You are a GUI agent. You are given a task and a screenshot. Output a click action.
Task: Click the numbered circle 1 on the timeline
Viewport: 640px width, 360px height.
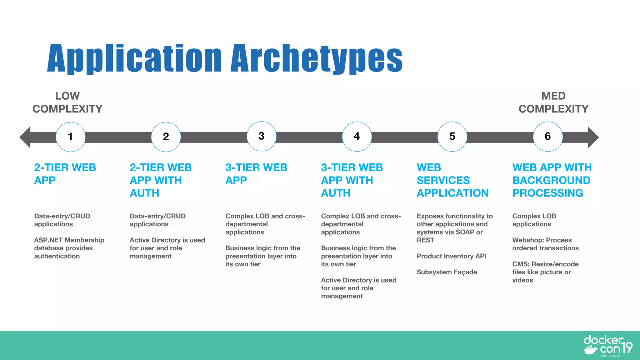71,137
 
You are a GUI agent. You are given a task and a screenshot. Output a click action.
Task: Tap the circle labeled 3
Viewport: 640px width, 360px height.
262,136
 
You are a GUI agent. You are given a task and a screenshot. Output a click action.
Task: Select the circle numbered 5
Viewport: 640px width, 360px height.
452,137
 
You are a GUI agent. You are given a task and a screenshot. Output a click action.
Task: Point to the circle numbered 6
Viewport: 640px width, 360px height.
548,137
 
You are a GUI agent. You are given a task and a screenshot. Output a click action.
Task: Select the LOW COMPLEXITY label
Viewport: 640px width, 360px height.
67,102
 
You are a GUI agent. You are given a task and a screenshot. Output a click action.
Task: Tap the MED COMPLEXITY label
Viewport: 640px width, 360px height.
553,102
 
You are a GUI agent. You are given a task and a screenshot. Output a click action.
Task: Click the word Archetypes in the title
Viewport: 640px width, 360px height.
316,58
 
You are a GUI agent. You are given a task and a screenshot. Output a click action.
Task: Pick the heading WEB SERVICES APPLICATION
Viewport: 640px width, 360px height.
452,180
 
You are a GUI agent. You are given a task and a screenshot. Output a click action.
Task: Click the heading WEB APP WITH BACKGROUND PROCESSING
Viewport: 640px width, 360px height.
552,180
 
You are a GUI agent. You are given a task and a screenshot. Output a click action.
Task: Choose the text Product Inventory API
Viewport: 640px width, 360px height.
451,256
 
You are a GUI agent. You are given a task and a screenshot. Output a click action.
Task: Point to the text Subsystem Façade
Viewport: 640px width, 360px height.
447,272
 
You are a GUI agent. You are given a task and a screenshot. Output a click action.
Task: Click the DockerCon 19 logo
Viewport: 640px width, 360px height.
607,346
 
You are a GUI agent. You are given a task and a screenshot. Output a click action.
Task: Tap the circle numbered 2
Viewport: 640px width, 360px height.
166,137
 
